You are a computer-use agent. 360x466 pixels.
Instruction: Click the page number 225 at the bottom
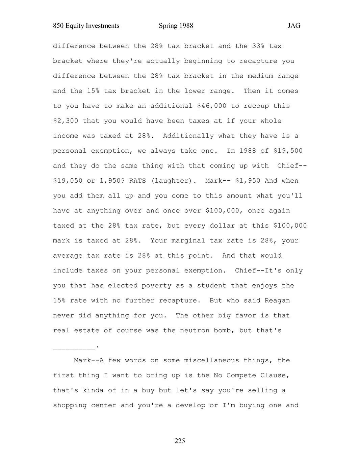click(x=180, y=441)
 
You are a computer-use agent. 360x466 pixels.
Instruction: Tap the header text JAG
click(x=294, y=26)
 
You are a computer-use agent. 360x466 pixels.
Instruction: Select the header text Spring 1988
click(x=176, y=26)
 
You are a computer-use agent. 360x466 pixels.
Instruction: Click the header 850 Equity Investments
click(x=86, y=26)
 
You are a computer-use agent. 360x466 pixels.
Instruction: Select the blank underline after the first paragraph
click(x=74, y=346)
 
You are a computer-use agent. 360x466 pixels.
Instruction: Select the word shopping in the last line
click(x=70, y=405)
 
